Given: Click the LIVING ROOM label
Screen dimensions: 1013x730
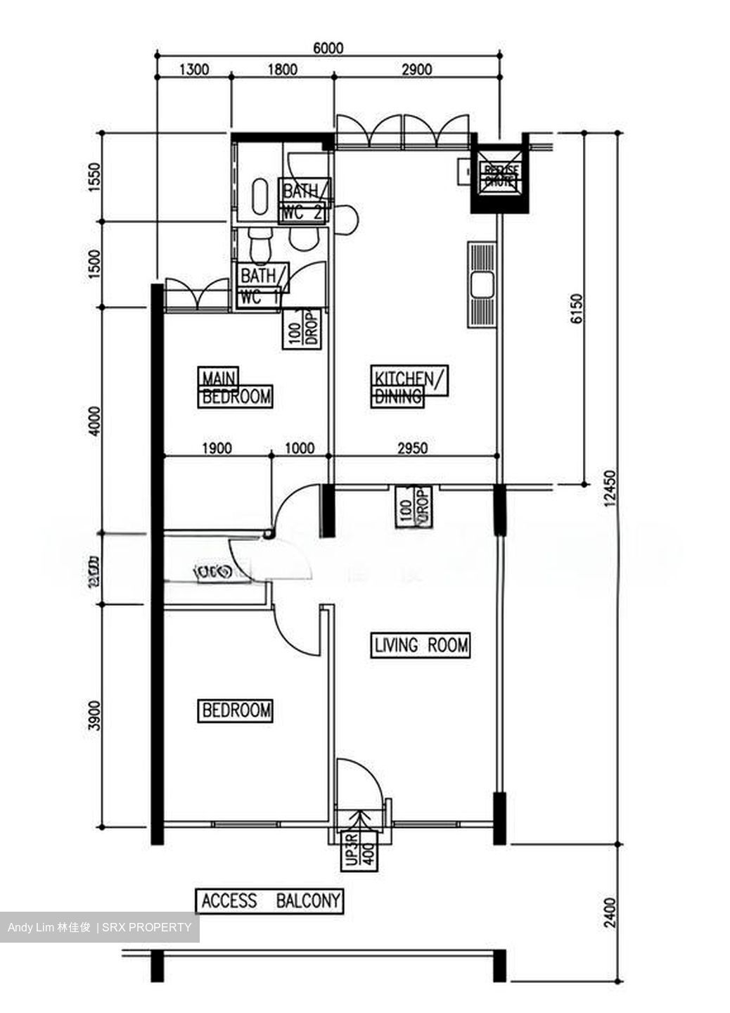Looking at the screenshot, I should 420,644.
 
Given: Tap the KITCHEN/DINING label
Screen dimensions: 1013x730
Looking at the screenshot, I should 408,386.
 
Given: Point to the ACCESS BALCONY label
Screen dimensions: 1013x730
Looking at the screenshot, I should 270,900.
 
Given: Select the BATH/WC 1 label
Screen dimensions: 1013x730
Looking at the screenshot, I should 262,286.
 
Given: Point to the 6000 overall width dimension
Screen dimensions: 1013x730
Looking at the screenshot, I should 328,48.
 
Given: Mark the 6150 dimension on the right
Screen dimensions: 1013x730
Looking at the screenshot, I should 577,309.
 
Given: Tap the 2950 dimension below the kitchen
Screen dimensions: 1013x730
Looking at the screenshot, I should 412,448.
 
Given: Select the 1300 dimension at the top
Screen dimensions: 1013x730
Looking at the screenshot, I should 194,69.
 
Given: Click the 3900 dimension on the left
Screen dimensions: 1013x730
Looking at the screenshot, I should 94,715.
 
